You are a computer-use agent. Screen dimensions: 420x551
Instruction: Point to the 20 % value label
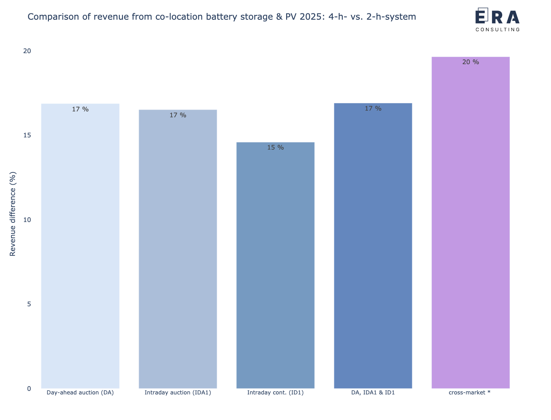(470, 62)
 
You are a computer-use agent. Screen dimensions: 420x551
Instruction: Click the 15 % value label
(275, 148)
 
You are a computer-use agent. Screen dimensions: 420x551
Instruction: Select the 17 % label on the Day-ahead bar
(80, 109)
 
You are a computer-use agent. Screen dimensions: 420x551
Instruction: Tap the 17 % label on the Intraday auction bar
(178, 115)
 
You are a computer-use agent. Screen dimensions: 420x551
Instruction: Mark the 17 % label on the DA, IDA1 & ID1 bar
(373, 109)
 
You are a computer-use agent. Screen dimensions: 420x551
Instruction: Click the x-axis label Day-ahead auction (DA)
(80, 392)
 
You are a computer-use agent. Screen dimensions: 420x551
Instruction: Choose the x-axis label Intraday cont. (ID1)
(275, 392)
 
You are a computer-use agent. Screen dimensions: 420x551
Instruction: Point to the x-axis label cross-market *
(470, 392)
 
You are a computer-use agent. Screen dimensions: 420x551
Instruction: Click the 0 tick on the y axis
(29, 389)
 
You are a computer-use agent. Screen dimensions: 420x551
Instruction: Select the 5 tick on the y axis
(29, 304)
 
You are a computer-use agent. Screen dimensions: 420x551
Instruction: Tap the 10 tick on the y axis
(27, 220)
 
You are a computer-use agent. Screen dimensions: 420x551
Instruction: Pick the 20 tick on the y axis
(27, 51)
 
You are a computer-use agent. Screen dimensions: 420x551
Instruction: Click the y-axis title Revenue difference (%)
(13, 214)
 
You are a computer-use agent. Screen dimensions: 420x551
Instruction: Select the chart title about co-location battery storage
(222, 17)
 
